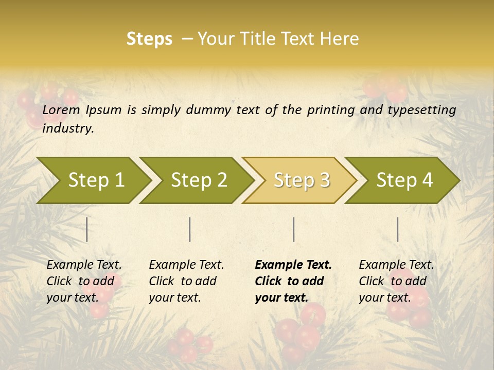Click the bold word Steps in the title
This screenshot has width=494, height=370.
click(149, 39)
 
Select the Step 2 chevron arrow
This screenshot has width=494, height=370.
click(199, 180)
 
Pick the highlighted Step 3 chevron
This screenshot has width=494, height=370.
click(302, 180)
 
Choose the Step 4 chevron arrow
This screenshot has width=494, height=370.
click(404, 180)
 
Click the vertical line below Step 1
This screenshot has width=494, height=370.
click(87, 229)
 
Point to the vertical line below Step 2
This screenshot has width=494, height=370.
click(190, 229)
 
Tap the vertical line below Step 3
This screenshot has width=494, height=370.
click(294, 229)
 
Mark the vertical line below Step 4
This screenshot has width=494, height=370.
click(398, 229)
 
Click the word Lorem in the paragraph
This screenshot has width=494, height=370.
click(61, 110)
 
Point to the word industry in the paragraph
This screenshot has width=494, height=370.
click(68, 128)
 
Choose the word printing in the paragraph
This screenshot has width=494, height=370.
click(330, 110)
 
